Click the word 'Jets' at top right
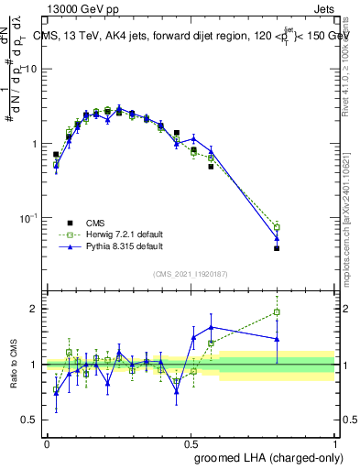[324, 10]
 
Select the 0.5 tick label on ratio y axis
[30, 420]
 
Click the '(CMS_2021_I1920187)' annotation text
[190, 273]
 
